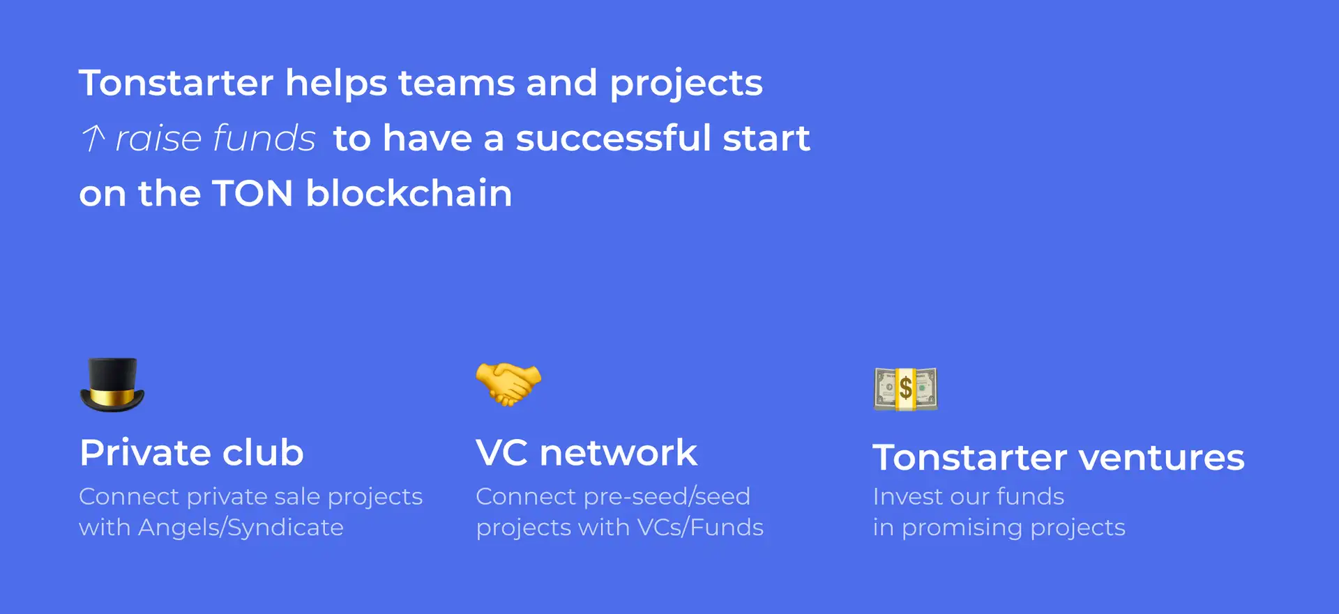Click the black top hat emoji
(112, 385)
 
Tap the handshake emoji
(508, 384)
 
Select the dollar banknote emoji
(905, 388)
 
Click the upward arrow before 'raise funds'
(93, 137)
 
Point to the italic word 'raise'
(158, 138)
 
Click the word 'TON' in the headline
(252, 193)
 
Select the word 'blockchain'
(409, 193)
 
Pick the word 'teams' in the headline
(456, 84)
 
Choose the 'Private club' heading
(192, 453)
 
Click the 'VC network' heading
(587, 453)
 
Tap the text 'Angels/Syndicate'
(241, 528)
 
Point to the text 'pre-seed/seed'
(667, 497)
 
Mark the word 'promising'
(962, 528)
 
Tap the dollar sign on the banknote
(905, 388)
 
